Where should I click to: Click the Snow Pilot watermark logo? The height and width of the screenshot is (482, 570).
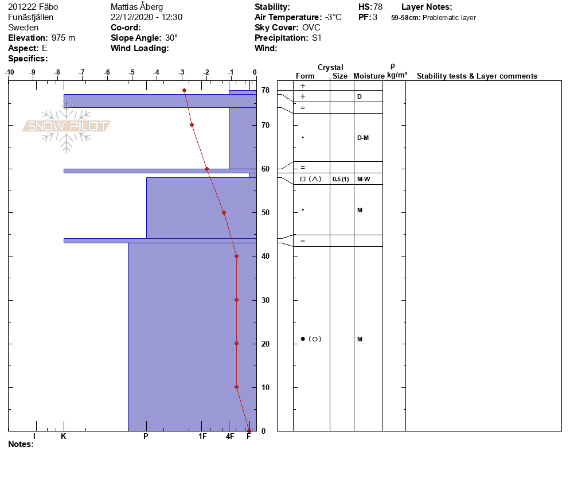coord(66,126)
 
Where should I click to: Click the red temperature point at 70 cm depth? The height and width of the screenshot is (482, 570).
coord(192,125)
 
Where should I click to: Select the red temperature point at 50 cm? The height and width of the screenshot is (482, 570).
coord(224,212)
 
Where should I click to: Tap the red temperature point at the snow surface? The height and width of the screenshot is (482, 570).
coord(184,90)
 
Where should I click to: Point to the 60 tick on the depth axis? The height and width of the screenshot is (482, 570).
coord(266,169)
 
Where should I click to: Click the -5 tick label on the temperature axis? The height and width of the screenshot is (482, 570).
coord(131,72)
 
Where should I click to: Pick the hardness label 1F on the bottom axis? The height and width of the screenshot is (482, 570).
coord(202,436)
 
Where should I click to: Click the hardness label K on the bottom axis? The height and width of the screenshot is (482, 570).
coord(64,436)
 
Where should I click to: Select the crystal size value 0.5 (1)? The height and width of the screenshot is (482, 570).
coord(341,179)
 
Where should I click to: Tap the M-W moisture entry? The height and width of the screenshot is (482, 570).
coord(364,179)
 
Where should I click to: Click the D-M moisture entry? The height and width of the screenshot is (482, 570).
coord(363,138)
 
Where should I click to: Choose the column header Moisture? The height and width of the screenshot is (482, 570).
coord(369,76)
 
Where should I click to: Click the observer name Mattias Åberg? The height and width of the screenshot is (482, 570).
coord(136,7)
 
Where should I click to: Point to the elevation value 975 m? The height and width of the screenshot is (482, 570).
coord(63,38)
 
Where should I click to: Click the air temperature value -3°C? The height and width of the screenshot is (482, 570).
coord(333,17)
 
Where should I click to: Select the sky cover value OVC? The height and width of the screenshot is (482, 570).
coord(311,28)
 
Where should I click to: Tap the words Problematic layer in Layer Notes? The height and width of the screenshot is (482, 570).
coord(449,18)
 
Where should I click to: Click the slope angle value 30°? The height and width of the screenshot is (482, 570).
coord(171,38)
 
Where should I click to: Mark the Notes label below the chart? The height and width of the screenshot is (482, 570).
coord(21,444)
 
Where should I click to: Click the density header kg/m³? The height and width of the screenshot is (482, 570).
coord(397,75)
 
